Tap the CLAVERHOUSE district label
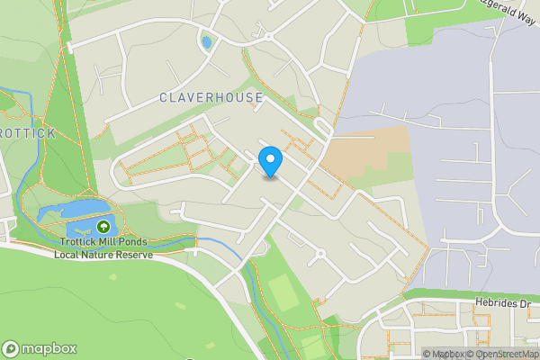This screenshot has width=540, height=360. pos(211,97)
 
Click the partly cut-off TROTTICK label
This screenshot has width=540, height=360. pos(27,133)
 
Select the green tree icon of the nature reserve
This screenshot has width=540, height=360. pos(103,227)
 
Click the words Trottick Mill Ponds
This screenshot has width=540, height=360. pos(104,242)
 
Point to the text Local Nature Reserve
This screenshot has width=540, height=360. pos(103,255)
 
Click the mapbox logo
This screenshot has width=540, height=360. pos(40,348)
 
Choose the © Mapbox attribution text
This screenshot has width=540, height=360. pos(443,354)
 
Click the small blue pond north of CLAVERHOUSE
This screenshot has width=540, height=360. pos(207,42)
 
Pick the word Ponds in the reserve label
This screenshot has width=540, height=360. pos(133,242)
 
